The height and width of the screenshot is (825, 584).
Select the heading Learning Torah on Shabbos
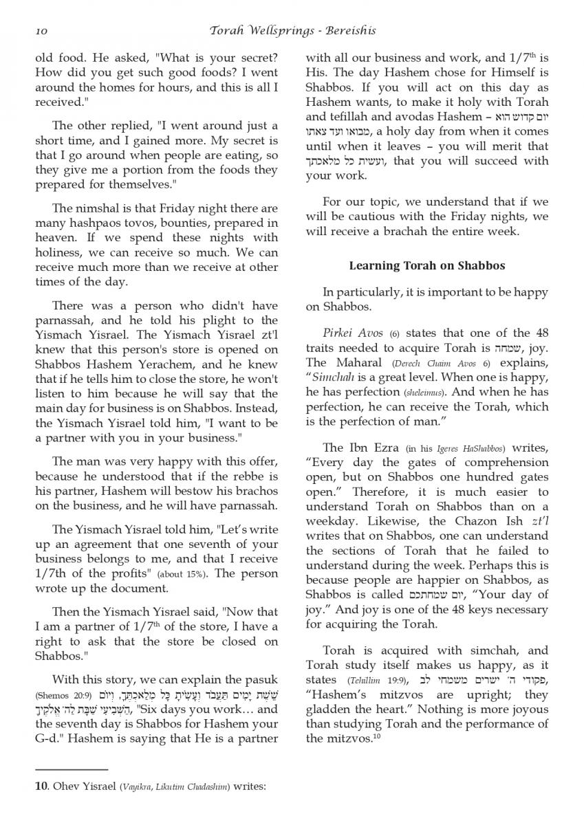426,265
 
